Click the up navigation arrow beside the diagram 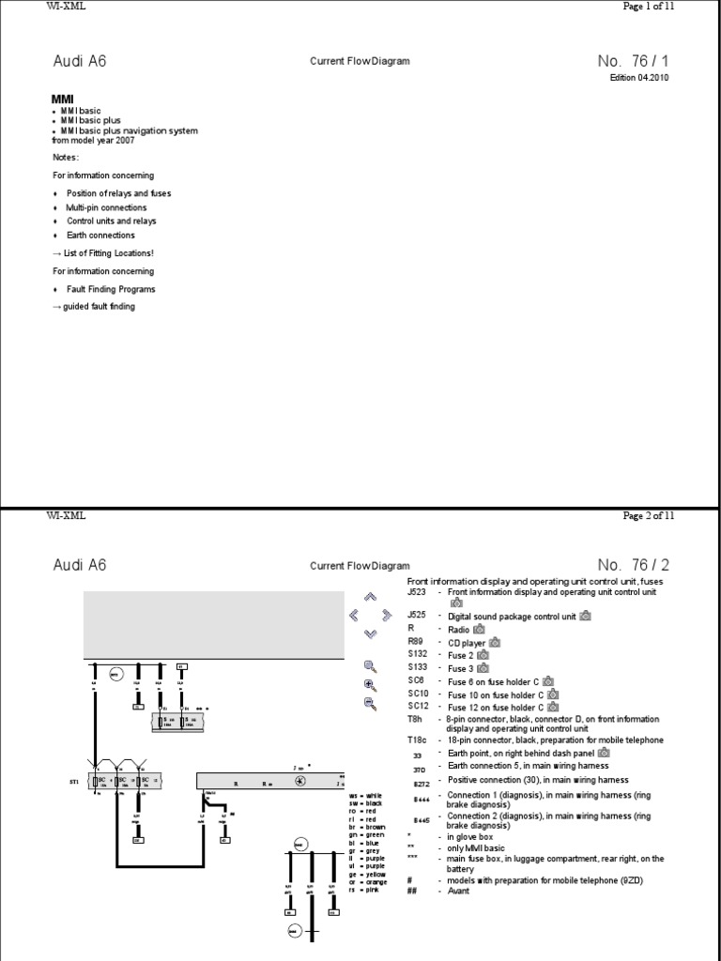370,596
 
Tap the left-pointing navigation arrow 353,615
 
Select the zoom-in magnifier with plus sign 370,684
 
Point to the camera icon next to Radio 479,629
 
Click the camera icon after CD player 496,642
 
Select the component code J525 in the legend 417,616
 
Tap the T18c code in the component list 418,740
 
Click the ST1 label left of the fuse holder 73,780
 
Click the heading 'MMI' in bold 62,99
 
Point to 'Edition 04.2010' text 641,78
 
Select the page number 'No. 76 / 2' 634,565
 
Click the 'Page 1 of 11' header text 648,6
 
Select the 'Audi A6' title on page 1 80,61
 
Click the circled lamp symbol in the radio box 299,781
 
